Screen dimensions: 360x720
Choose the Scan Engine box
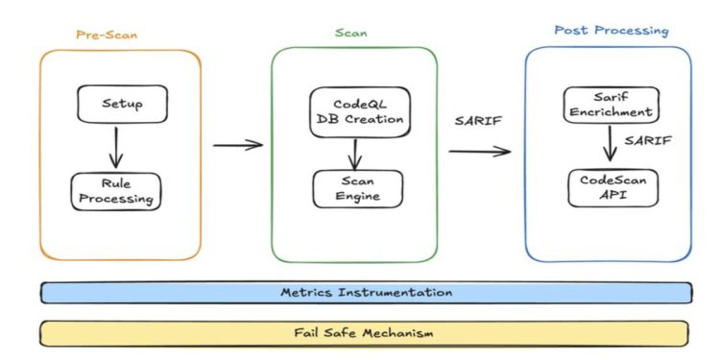click(x=357, y=187)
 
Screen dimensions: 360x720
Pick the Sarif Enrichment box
click(x=609, y=105)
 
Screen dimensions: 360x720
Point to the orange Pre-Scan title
click(x=107, y=35)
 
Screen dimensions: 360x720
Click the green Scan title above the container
click(x=351, y=34)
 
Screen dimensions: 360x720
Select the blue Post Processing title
click(x=611, y=31)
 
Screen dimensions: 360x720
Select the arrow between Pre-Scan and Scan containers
click(x=237, y=145)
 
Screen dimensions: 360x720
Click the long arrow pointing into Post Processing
click(x=480, y=150)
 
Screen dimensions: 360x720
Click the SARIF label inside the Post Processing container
click(x=649, y=141)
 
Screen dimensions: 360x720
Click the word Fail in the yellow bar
click(x=307, y=332)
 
